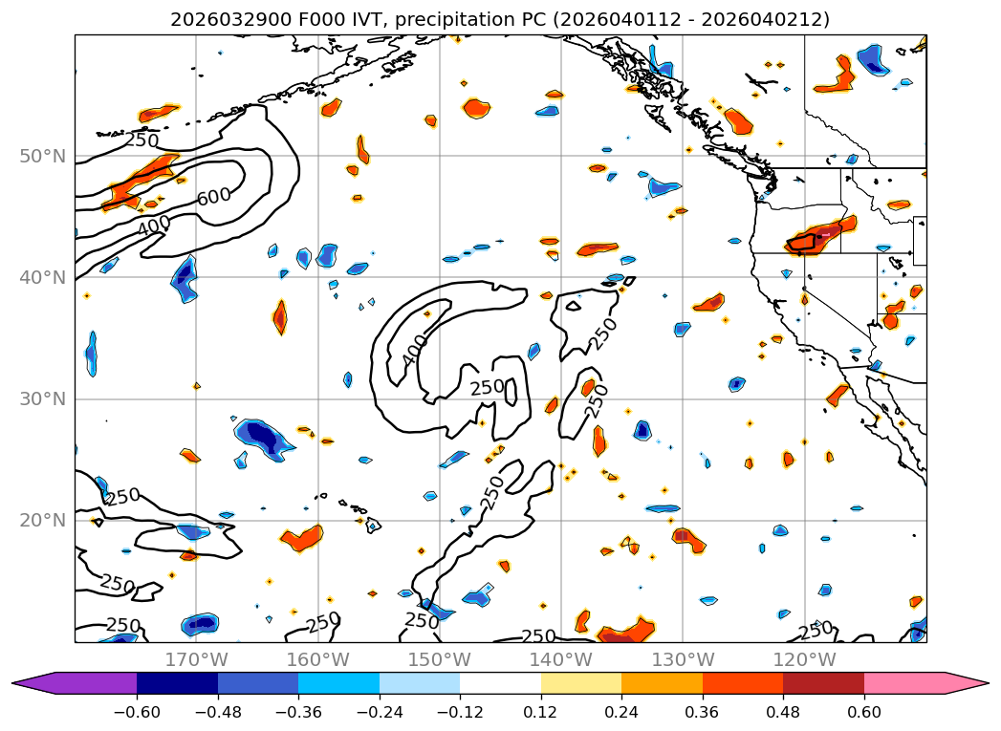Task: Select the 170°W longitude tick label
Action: point(196,659)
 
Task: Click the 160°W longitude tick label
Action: point(317,659)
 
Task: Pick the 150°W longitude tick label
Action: point(439,659)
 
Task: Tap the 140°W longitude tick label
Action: point(560,659)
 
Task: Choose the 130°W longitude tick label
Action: point(682,659)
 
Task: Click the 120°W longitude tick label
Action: point(803,659)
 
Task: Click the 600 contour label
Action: point(213,196)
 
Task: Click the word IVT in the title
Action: point(330,19)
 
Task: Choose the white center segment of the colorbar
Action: point(500,683)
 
